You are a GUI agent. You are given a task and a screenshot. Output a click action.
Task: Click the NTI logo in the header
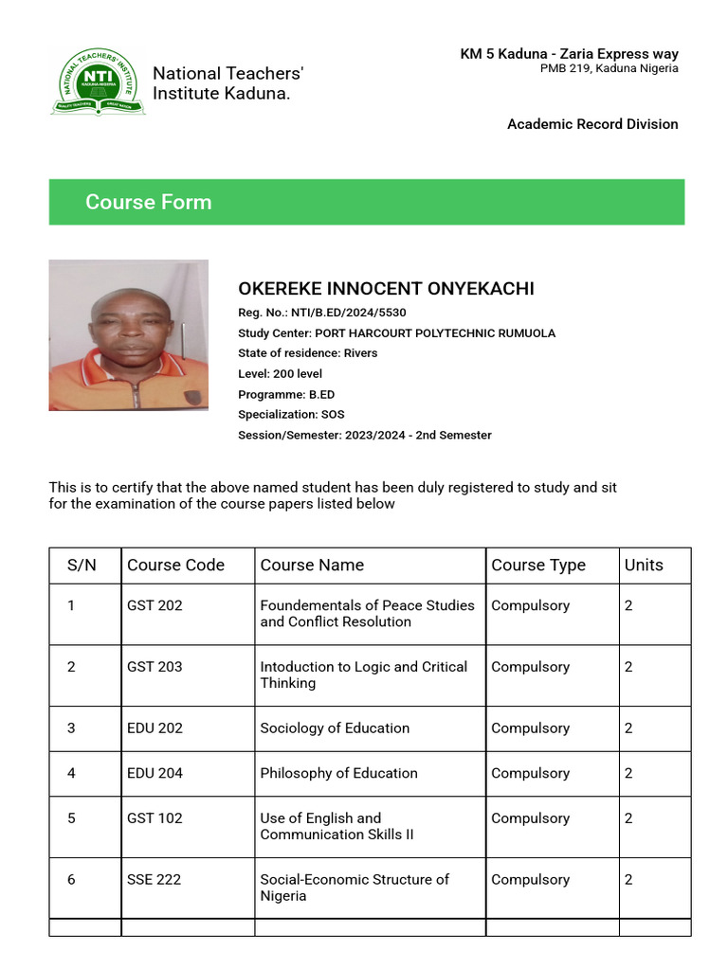[x=98, y=82]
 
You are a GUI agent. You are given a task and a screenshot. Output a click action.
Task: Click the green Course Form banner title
[x=149, y=202]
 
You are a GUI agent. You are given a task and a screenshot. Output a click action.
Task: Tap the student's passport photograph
[x=128, y=335]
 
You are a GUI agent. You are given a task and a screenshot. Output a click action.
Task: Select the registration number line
[x=322, y=312]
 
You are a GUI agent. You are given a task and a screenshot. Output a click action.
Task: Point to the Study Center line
[x=396, y=332]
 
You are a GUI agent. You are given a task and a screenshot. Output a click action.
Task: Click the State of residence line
[x=307, y=353]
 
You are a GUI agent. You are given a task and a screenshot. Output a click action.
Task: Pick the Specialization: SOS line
[x=291, y=415]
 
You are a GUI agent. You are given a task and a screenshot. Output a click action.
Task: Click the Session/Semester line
[x=364, y=435]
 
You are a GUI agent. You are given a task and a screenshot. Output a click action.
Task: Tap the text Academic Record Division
[x=592, y=124]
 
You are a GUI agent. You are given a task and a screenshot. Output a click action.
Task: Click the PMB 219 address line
[x=609, y=68]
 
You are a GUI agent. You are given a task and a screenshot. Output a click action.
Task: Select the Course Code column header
[x=176, y=566]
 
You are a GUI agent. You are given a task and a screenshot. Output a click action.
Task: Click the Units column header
[x=644, y=566]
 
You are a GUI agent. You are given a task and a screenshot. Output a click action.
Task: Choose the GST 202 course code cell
[x=155, y=605]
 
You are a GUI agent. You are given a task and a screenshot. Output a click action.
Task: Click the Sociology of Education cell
[x=335, y=728]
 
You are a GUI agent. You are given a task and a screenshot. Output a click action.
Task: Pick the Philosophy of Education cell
[x=338, y=773]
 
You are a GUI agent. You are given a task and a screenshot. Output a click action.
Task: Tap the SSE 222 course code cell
[x=154, y=879]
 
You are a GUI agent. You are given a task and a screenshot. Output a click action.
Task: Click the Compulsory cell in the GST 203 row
[x=530, y=667]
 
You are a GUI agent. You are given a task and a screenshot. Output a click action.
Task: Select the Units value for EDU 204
[x=628, y=773]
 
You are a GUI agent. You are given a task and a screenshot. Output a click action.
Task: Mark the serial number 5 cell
[x=71, y=818]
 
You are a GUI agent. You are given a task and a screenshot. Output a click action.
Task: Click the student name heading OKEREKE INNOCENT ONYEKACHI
[x=386, y=289]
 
